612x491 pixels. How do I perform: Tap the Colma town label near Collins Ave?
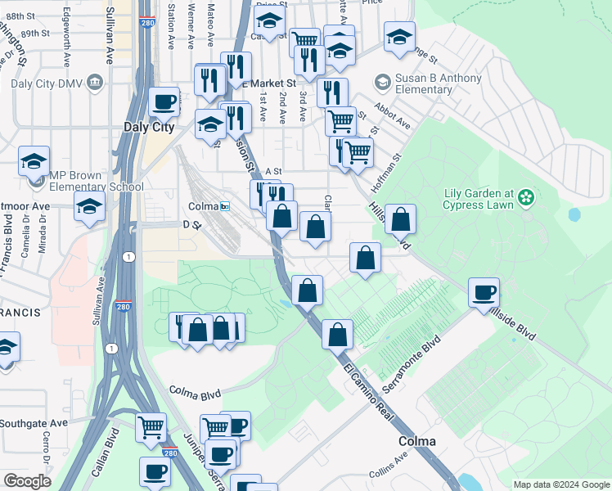[x=416, y=441]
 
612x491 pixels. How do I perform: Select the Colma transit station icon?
[x=225, y=206]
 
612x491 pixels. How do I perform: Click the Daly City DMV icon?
[x=96, y=82]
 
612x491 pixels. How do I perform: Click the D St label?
[x=191, y=223]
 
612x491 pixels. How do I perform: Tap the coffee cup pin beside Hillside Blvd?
[x=484, y=291]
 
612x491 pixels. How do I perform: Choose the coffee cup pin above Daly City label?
[x=164, y=101]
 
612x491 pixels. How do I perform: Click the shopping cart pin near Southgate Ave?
[x=151, y=426]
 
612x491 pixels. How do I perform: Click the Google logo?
[x=27, y=481]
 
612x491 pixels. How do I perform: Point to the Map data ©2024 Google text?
[x=560, y=484]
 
